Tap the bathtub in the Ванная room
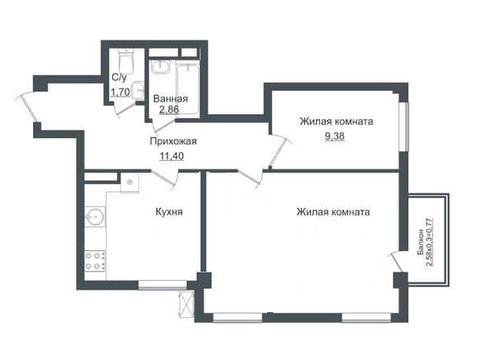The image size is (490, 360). coord(187,89)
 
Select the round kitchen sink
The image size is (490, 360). coord(95,216)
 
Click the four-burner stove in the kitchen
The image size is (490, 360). coord(96,261)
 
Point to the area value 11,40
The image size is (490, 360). coord(172,156)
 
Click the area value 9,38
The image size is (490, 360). coord(335,136)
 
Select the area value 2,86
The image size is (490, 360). coord(169,110)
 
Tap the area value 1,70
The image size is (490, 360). coord(120,92)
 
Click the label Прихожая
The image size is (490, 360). coord(173,141)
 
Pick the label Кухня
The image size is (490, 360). coord(169,212)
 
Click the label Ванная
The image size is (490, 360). coord(171,99)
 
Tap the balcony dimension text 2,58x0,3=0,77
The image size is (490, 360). coord(430,242)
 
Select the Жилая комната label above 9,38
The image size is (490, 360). coord(337,121)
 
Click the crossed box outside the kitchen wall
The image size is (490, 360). coord(186,305)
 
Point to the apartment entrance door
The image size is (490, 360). coord(27,108)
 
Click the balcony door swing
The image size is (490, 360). coord(395,262)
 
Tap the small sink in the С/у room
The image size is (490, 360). coord(138,91)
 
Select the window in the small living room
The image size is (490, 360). coord(404,127)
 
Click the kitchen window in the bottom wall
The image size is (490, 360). coord(163,285)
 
